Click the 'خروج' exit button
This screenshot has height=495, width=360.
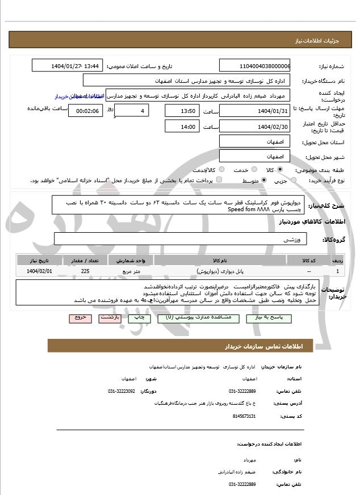coord(79,318)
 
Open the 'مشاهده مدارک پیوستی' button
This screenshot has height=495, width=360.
coord(198,319)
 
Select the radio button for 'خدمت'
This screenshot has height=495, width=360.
coord(253,170)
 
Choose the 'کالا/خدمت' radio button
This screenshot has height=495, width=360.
coord(221,170)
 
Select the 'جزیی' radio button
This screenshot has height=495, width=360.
coord(293,181)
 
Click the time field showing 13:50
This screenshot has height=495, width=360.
coord(182,111)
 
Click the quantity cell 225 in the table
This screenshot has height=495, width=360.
coord(85,272)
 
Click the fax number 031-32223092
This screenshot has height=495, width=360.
coord(122,391)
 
